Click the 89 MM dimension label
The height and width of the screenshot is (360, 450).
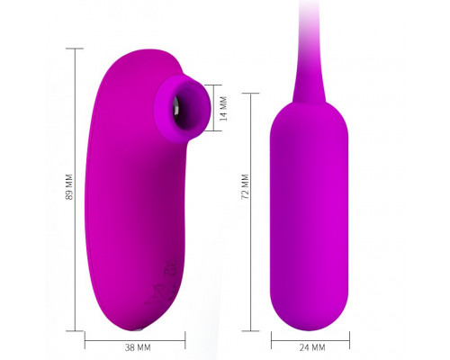click(69, 186)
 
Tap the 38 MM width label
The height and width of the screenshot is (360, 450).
click(138, 347)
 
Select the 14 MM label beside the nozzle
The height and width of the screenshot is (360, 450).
click(223, 109)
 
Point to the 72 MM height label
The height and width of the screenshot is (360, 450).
click(246, 186)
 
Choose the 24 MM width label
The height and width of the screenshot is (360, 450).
click(312, 347)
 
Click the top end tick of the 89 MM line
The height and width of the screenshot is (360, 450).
click(75, 49)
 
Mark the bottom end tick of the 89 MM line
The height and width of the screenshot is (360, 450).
click(75, 331)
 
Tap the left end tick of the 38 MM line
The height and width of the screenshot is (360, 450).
click(85, 340)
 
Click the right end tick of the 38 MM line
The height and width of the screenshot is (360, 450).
click(185, 340)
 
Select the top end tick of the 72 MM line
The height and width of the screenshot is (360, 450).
click(250, 94)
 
